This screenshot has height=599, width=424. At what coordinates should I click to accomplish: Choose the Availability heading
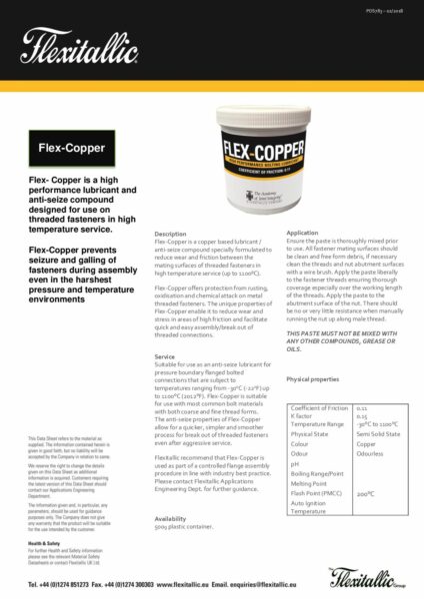tap(171, 518)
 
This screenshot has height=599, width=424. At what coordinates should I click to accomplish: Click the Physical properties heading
tap(312, 380)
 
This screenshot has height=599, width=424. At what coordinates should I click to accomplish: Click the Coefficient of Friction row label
tap(319, 409)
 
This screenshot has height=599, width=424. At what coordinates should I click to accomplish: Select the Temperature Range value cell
tap(378, 424)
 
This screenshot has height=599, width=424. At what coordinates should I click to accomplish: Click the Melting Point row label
tap(309, 483)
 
